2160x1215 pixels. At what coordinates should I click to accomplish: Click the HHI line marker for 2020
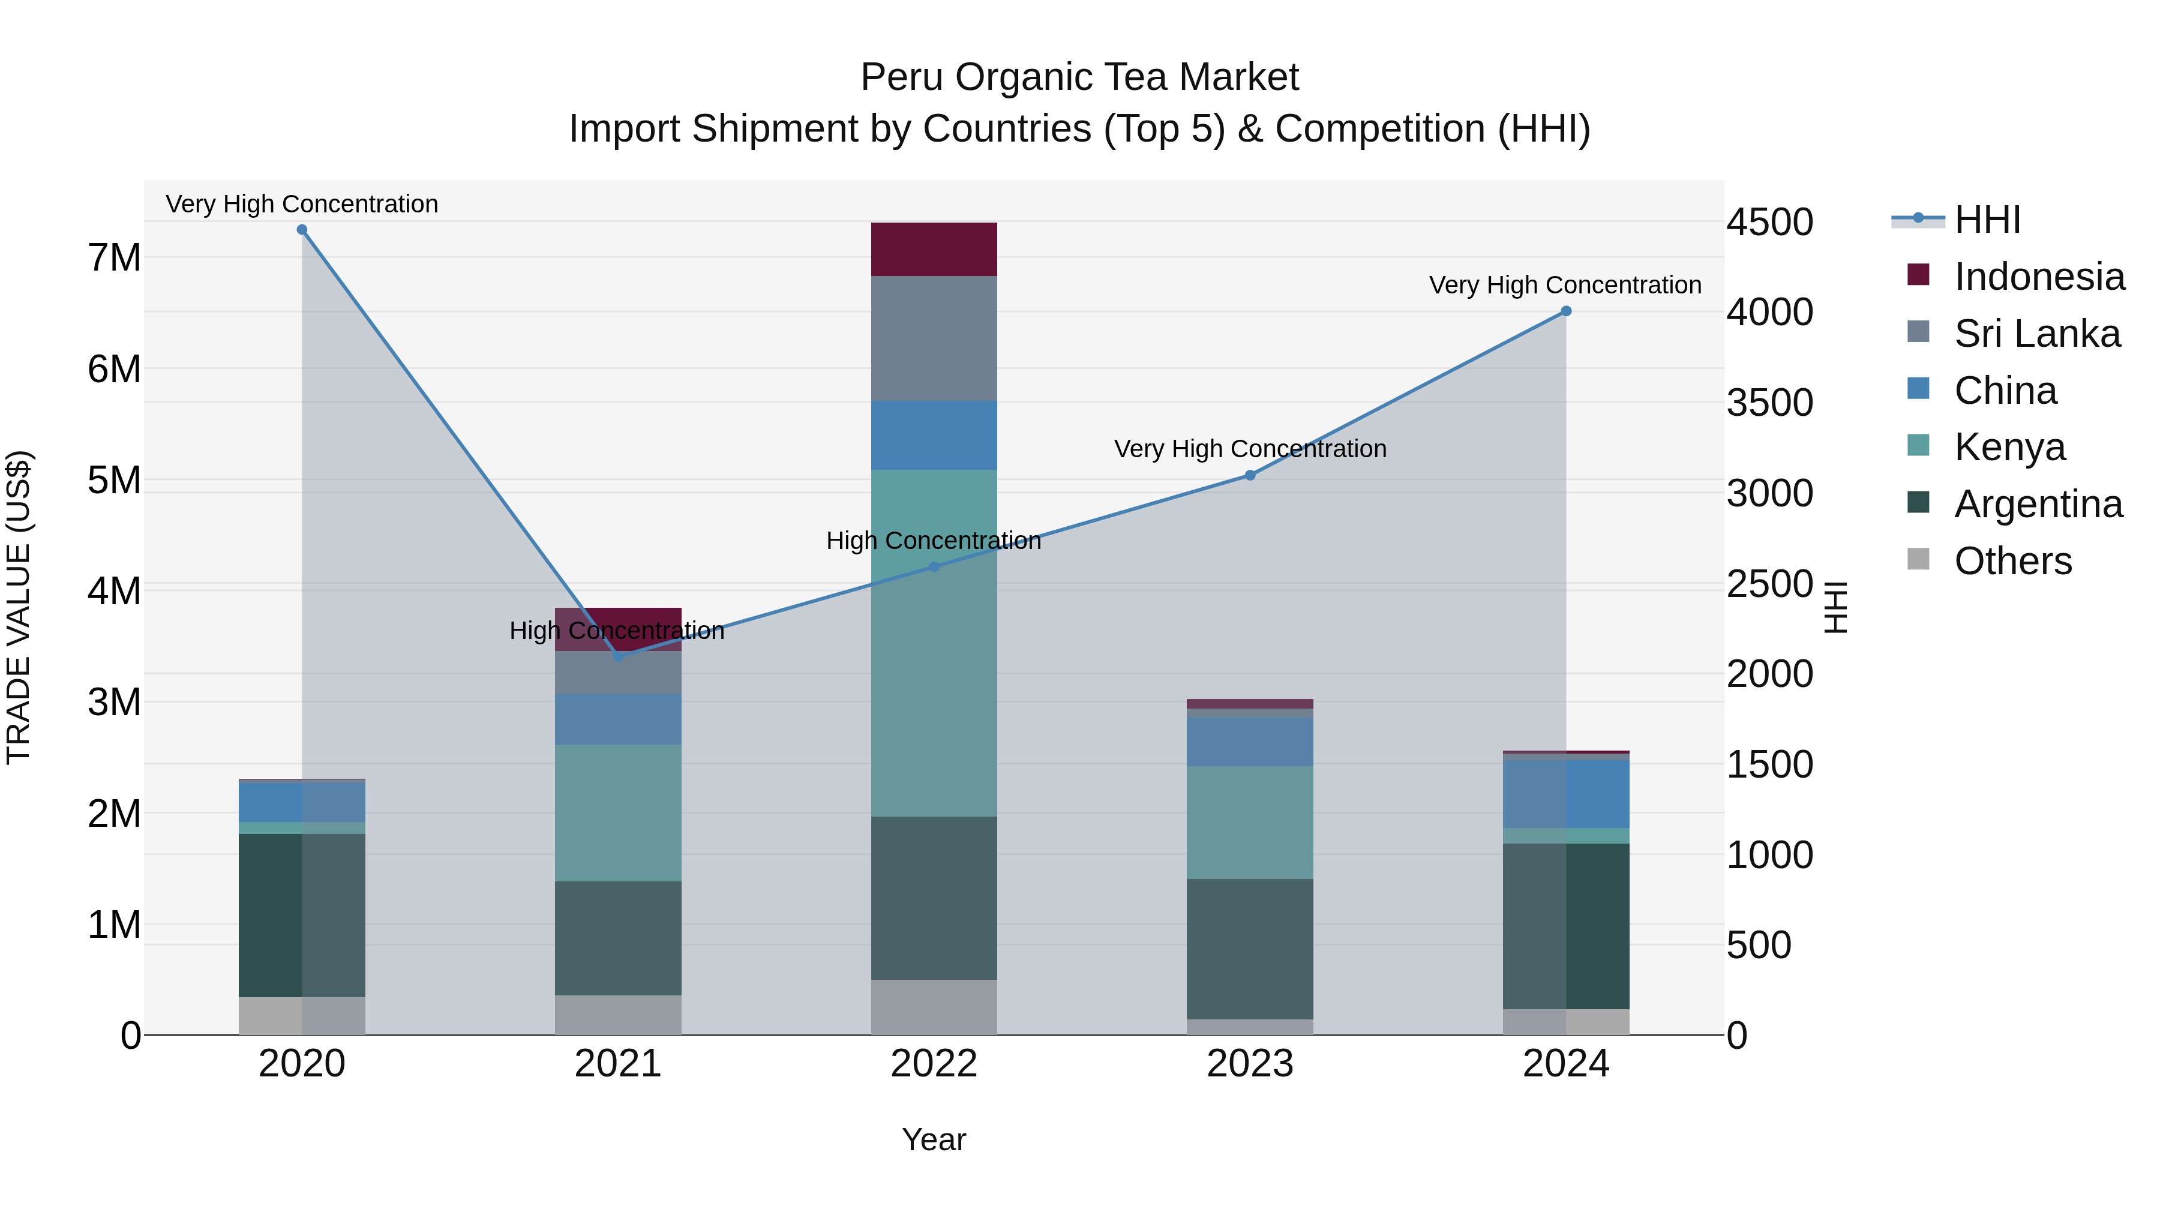point(302,230)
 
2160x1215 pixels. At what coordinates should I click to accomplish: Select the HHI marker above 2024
point(1565,311)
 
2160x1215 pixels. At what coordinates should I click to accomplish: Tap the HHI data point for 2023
point(1249,475)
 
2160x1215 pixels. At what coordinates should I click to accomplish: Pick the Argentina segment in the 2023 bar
point(1249,949)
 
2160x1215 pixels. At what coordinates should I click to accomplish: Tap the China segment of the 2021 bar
point(618,719)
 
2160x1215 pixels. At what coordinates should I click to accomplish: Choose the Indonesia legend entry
point(2038,277)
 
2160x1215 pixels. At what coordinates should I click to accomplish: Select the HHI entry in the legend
point(1987,220)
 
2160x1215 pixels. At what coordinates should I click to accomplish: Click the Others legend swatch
point(1918,559)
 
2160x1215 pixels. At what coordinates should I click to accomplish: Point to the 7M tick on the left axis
point(114,257)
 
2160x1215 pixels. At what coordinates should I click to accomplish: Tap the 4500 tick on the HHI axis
point(1769,222)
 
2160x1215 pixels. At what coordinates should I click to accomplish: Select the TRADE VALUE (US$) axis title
point(19,607)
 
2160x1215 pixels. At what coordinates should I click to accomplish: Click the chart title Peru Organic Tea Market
point(1079,77)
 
